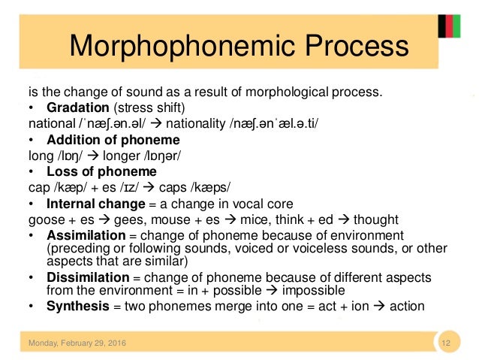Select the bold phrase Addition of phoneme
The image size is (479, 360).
tap(113, 140)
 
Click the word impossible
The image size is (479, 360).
tap(313, 290)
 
